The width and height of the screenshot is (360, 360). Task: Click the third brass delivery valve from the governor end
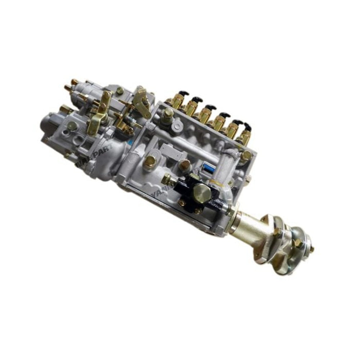click(205, 115)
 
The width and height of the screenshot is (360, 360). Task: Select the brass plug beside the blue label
click(185, 165)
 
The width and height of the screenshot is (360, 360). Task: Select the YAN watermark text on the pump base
click(158, 193)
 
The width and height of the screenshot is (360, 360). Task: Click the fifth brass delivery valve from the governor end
click(233, 132)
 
